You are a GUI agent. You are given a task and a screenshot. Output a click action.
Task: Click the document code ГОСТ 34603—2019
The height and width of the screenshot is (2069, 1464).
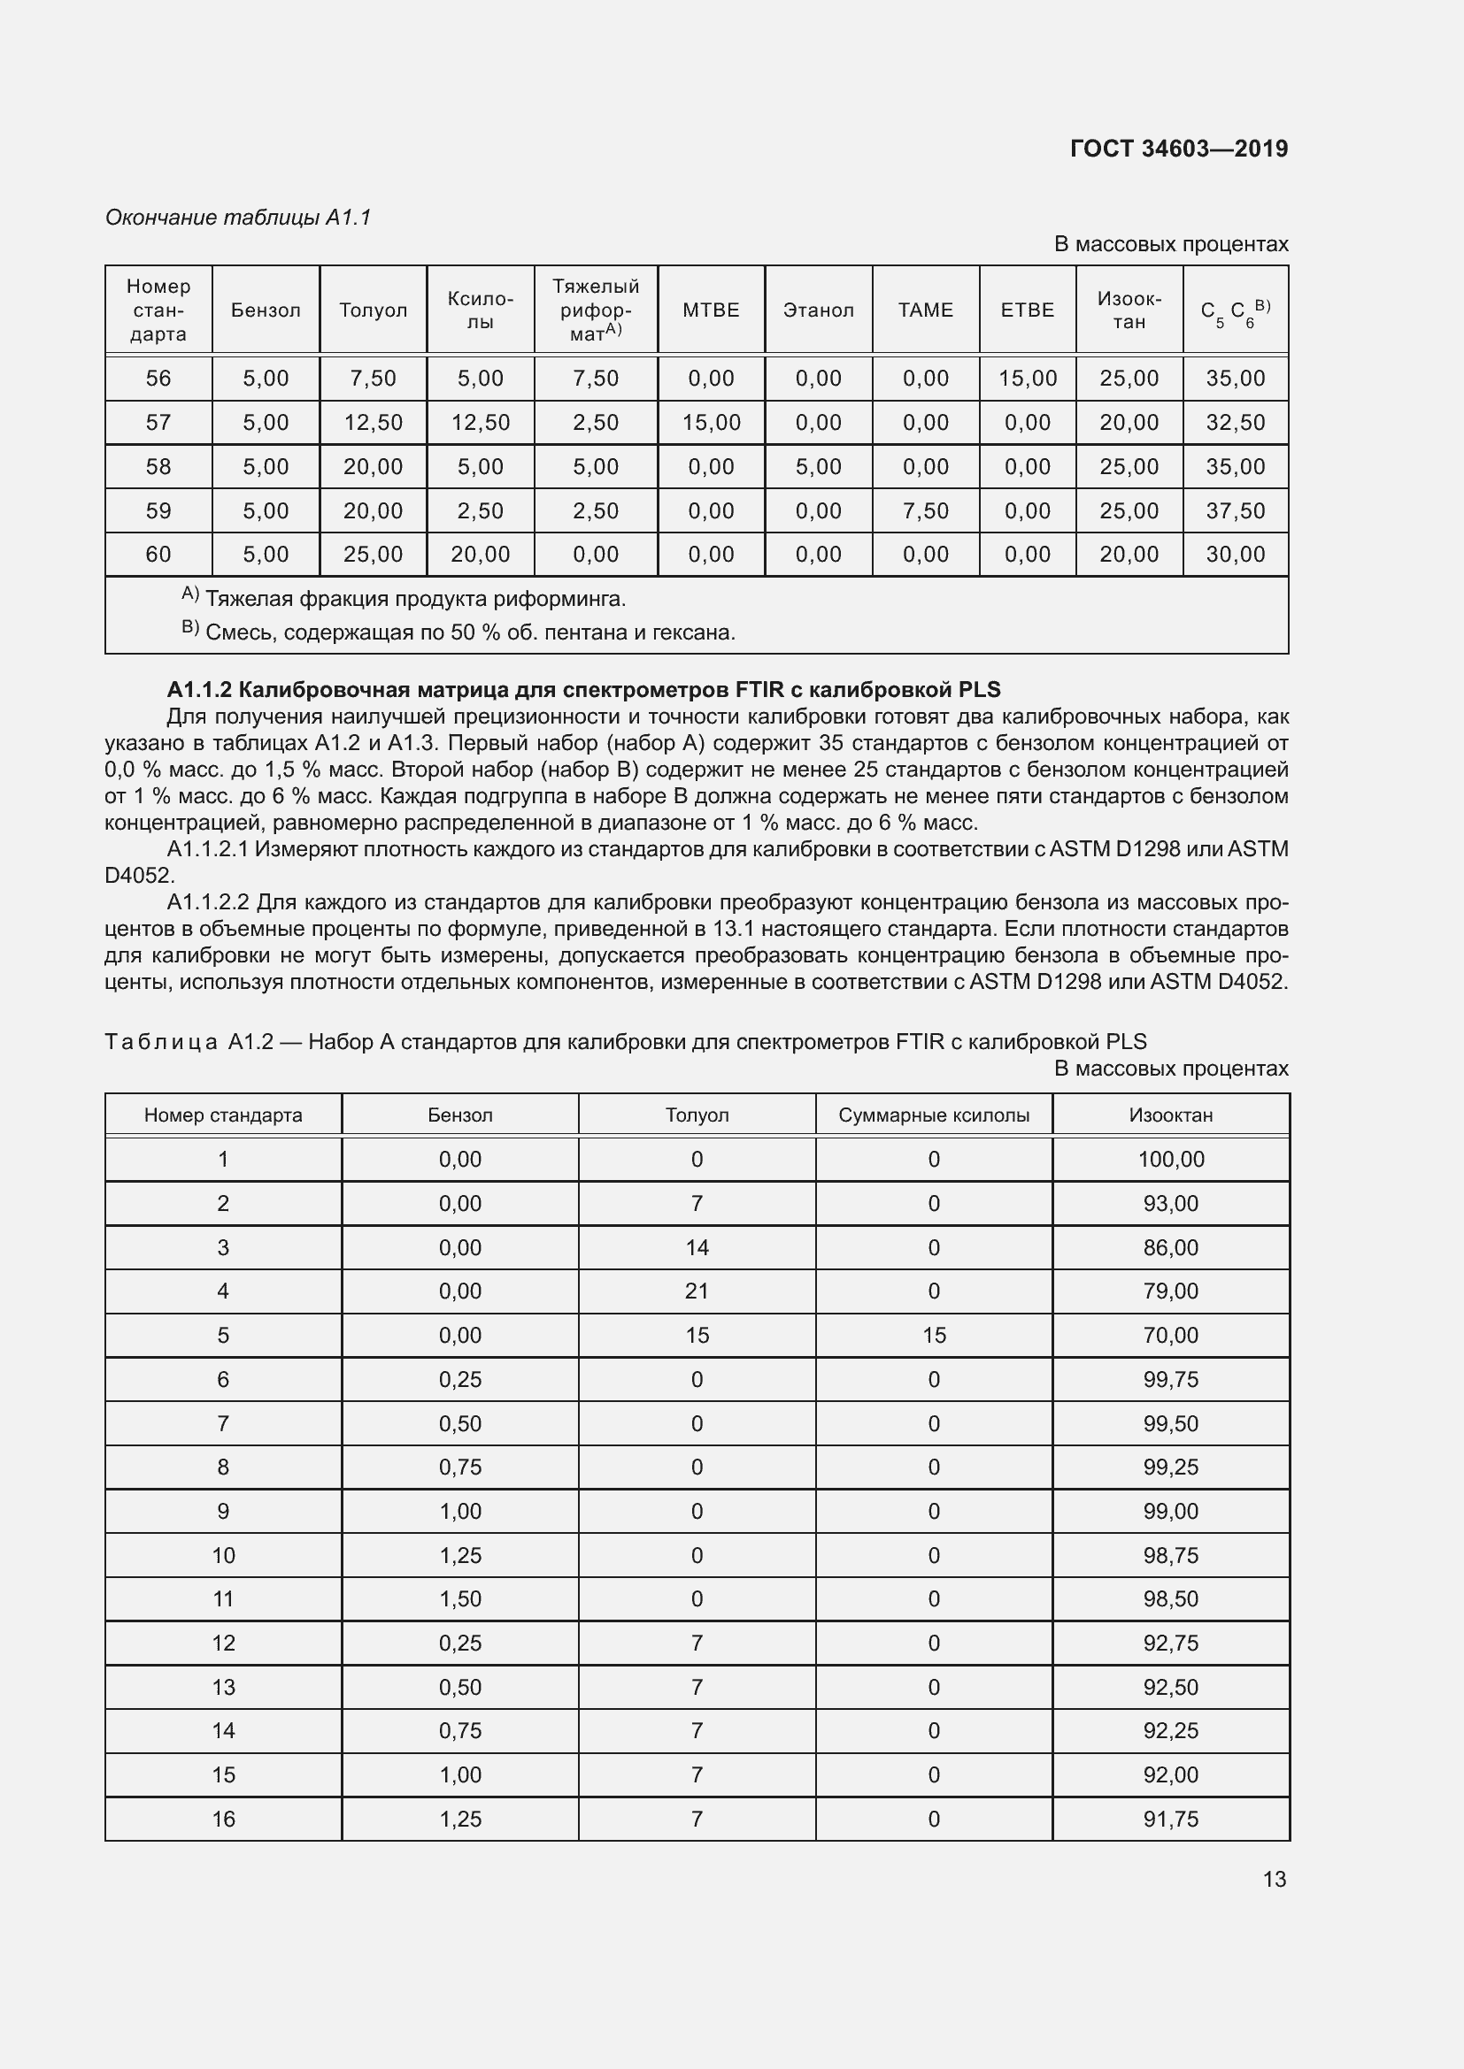coord(1178,149)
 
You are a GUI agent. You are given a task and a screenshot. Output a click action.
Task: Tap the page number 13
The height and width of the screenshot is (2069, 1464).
coord(1274,1879)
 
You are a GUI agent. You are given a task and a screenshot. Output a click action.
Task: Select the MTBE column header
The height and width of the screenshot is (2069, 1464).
coord(711,310)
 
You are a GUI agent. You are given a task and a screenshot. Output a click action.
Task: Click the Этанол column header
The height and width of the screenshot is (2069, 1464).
coord(818,310)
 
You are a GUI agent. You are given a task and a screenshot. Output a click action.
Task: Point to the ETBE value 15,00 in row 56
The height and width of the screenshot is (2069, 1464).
coord(1027,379)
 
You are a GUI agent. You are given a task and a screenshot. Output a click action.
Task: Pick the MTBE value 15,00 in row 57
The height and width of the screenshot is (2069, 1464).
coord(711,423)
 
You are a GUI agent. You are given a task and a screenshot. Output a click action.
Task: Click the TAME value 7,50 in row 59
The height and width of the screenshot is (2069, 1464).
coord(925,511)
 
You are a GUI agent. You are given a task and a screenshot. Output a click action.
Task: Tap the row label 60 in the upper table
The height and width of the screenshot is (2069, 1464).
coord(158,555)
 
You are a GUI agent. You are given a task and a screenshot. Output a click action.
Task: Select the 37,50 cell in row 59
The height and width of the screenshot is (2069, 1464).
coord(1235,511)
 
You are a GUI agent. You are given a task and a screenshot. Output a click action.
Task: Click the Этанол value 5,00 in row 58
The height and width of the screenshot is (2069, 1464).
coord(818,467)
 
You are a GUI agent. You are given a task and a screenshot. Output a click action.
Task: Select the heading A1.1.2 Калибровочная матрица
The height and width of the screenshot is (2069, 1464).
coord(583,689)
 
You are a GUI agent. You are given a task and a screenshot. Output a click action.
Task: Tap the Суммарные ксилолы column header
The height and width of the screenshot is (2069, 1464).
coord(933,1115)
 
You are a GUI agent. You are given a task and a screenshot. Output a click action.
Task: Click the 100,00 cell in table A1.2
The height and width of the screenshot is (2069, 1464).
coord(1170,1159)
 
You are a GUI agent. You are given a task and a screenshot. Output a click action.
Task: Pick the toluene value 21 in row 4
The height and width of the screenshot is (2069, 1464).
coord(696,1291)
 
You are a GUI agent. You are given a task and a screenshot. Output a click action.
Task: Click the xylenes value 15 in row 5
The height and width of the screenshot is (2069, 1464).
coord(933,1336)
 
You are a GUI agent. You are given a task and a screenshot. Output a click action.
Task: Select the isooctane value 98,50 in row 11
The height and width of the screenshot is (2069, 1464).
coord(1170,1598)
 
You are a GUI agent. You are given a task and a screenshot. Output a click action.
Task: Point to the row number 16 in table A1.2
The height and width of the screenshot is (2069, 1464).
coord(223,1819)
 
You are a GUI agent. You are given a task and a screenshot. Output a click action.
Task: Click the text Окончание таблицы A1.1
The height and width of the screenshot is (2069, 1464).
coord(238,218)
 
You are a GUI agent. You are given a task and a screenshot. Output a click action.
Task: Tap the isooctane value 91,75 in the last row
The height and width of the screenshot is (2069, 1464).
coord(1170,1819)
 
